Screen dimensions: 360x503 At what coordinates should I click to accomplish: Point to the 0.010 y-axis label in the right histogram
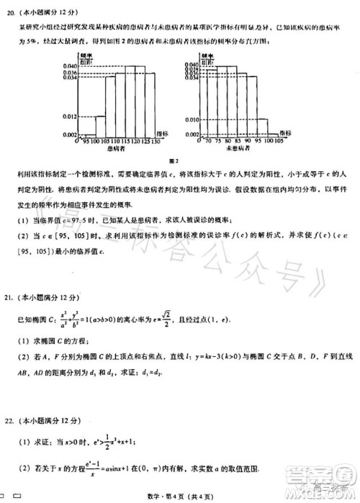click(190, 119)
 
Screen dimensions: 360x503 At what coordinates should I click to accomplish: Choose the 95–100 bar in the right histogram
click(257, 127)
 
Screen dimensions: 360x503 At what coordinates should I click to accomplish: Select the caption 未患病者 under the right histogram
click(238, 149)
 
